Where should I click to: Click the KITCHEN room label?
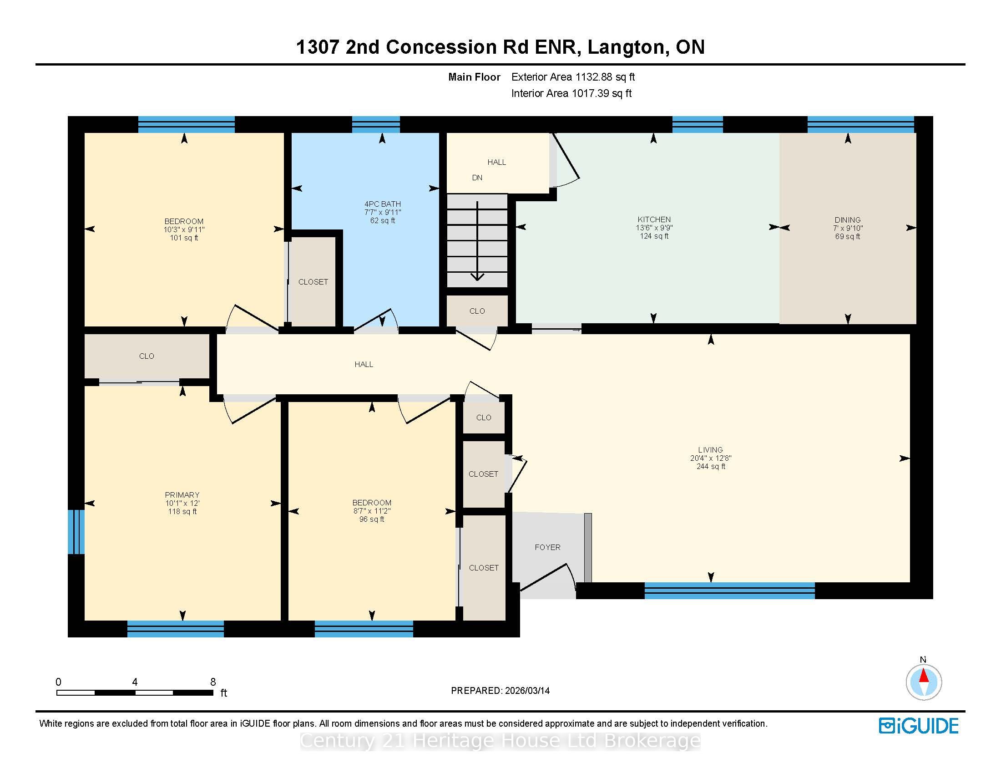pyautogui.click(x=654, y=219)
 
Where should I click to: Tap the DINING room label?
pyautogui.click(x=848, y=219)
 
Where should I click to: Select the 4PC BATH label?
pyautogui.click(x=383, y=204)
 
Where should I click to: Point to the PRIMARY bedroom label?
pyautogui.click(x=182, y=495)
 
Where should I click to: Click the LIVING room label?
pyautogui.click(x=710, y=450)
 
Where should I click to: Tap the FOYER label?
pyautogui.click(x=548, y=547)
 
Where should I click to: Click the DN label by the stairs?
pyautogui.click(x=477, y=178)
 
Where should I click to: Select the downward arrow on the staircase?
pyautogui.click(x=478, y=241)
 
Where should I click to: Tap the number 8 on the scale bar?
pyautogui.click(x=213, y=682)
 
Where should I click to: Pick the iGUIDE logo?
pyautogui.click(x=919, y=726)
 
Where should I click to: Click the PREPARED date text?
pyautogui.click(x=500, y=691)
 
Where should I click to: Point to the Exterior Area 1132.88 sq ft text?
pyautogui.click(x=573, y=77)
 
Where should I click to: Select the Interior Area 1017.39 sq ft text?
pyautogui.click(x=571, y=93)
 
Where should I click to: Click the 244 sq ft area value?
pyautogui.click(x=711, y=466)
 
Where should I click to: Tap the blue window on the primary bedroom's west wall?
pyautogui.click(x=76, y=532)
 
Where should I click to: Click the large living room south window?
pyautogui.click(x=730, y=591)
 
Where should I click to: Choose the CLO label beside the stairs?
pyautogui.click(x=477, y=311)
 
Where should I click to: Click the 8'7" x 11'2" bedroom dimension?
pyautogui.click(x=372, y=511)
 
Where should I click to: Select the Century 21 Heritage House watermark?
pyautogui.click(x=500, y=740)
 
